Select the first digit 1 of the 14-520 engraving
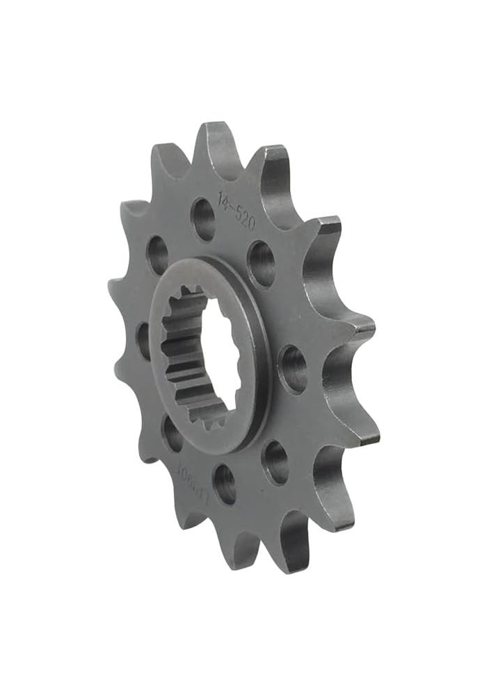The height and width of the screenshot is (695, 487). [219, 200]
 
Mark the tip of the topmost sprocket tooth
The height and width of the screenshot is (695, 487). [213, 128]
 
